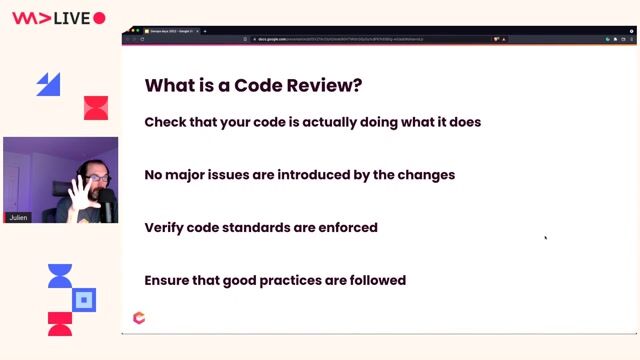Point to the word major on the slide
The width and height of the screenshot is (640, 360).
[192, 174]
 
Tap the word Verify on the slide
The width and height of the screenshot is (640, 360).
[165, 227]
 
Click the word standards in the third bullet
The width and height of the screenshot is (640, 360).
[263, 227]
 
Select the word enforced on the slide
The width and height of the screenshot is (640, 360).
[345, 227]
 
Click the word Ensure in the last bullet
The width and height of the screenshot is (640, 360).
[168, 280]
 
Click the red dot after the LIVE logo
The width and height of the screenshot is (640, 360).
[99, 18]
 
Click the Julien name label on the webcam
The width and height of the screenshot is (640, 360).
[18, 216]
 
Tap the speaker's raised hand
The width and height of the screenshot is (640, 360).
[78, 190]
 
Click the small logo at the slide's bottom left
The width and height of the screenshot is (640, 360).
[139, 318]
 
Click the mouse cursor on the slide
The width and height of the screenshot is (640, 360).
[545, 238]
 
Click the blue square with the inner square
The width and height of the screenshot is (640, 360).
[86, 299]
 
